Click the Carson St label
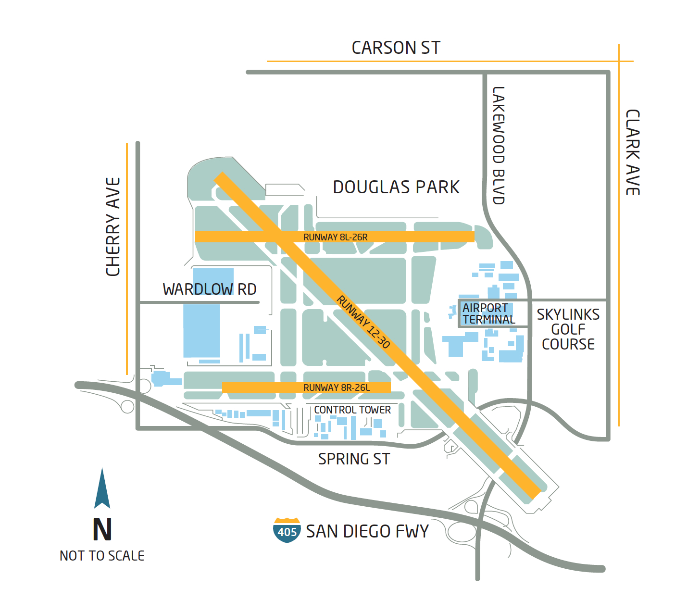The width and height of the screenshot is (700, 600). click(x=396, y=48)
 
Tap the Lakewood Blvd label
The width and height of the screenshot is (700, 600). click(x=499, y=146)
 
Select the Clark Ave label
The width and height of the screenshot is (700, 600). click(x=632, y=152)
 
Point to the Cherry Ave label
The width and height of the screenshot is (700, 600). click(x=113, y=227)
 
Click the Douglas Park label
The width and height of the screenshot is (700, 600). click(x=396, y=187)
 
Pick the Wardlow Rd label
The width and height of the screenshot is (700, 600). click(x=210, y=289)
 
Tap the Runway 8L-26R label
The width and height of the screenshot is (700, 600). click(x=335, y=237)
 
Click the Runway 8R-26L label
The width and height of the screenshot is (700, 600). click(x=337, y=387)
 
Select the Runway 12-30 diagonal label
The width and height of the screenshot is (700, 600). click(x=363, y=322)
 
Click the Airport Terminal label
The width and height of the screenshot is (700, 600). click(x=488, y=314)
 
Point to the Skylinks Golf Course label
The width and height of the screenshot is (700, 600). click(x=568, y=329)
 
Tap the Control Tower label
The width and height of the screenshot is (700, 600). click(x=352, y=410)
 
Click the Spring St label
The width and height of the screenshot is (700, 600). click(x=354, y=459)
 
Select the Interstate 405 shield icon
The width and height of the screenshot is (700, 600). click(x=287, y=530)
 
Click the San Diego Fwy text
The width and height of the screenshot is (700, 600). click(x=367, y=531)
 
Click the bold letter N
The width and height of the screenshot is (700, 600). click(x=102, y=530)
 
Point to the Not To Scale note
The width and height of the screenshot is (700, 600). click(x=102, y=556)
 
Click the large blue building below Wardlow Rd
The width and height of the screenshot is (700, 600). click(x=202, y=331)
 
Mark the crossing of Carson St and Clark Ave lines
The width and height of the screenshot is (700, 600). click(x=619, y=61)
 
